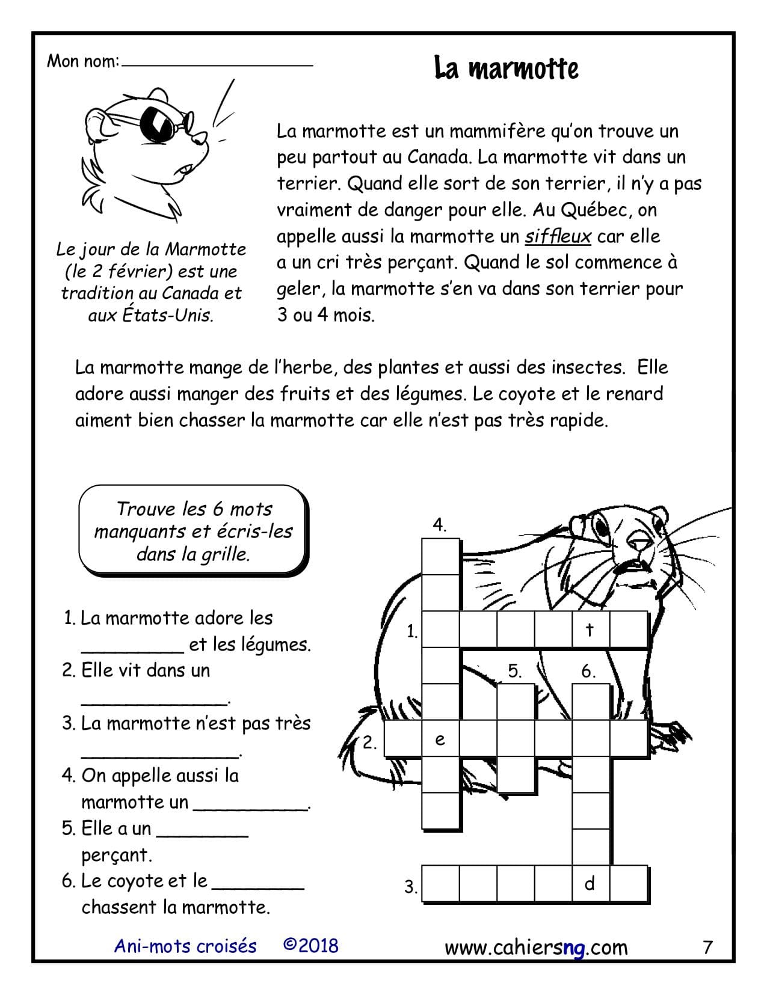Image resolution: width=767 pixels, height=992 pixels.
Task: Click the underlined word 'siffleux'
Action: click(x=558, y=236)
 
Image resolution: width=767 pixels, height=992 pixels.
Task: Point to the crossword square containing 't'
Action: click(x=590, y=629)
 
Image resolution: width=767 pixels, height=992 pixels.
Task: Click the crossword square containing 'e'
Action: click(x=440, y=739)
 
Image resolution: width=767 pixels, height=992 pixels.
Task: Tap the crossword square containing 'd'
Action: click(x=590, y=883)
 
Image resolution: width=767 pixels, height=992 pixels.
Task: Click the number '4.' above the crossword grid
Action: click(x=440, y=525)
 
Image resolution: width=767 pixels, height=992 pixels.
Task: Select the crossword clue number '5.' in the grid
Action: click(x=514, y=671)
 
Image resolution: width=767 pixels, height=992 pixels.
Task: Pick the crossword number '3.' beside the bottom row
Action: click(x=411, y=887)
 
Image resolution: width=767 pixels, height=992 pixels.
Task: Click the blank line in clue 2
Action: click(x=155, y=700)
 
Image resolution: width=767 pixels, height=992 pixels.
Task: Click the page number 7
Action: click(x=707, y=948)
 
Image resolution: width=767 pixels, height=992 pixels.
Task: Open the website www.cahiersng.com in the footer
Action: click(x=536, y=948)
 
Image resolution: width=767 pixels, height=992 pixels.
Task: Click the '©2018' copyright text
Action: click(x=310, y=946)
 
